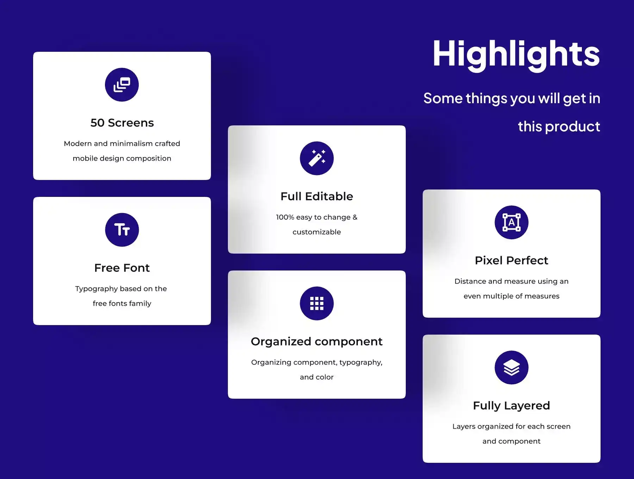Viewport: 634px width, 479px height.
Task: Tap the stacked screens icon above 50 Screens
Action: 122,85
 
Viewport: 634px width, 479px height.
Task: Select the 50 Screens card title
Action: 122,123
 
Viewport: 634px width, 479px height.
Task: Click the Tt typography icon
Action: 122,230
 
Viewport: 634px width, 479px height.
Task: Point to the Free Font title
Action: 122,268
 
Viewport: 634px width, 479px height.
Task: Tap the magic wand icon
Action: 317,158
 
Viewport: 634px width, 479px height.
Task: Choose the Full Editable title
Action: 317,196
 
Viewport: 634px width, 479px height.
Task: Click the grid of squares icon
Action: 317,303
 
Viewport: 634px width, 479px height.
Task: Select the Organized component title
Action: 317,342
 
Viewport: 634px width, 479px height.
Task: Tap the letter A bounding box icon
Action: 511,222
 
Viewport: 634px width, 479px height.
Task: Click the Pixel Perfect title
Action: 511,260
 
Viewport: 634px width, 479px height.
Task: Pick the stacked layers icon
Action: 511,367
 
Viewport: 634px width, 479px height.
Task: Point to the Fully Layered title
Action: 511,406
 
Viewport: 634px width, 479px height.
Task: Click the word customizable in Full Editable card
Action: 317,232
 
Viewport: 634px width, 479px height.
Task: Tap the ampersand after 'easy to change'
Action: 355,217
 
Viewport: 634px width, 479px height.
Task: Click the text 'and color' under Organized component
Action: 317,377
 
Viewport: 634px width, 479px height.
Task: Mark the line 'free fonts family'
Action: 122,304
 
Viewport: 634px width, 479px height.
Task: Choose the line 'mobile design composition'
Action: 122,158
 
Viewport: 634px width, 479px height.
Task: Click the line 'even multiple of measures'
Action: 511,296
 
